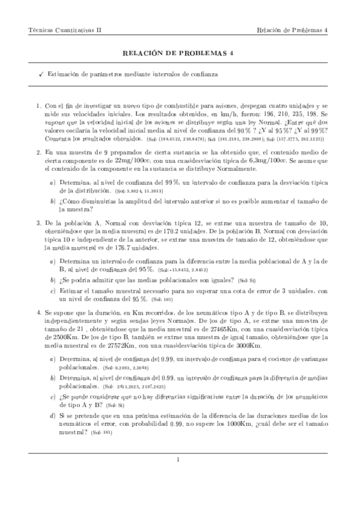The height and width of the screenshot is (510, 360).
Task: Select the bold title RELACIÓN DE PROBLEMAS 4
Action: point(180,53)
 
